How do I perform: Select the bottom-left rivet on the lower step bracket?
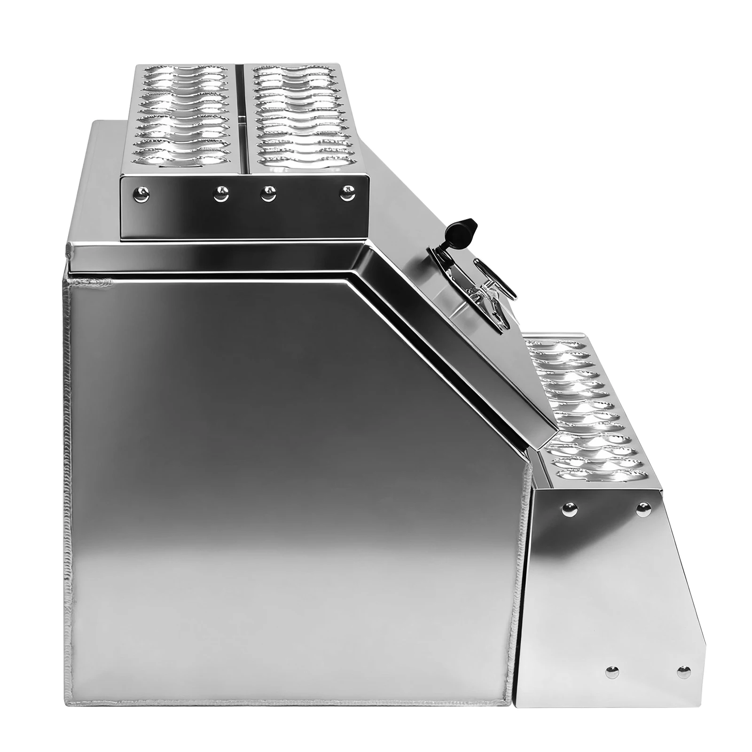coord(611,673)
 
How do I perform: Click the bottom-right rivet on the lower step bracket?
coord(684,672)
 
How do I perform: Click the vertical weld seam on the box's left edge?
coord(68,470)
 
